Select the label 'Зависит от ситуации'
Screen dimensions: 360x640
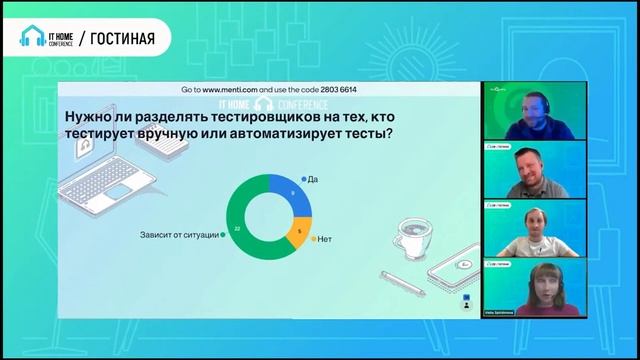179,234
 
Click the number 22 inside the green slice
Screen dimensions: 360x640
237,228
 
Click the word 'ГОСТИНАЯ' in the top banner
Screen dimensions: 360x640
118,39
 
